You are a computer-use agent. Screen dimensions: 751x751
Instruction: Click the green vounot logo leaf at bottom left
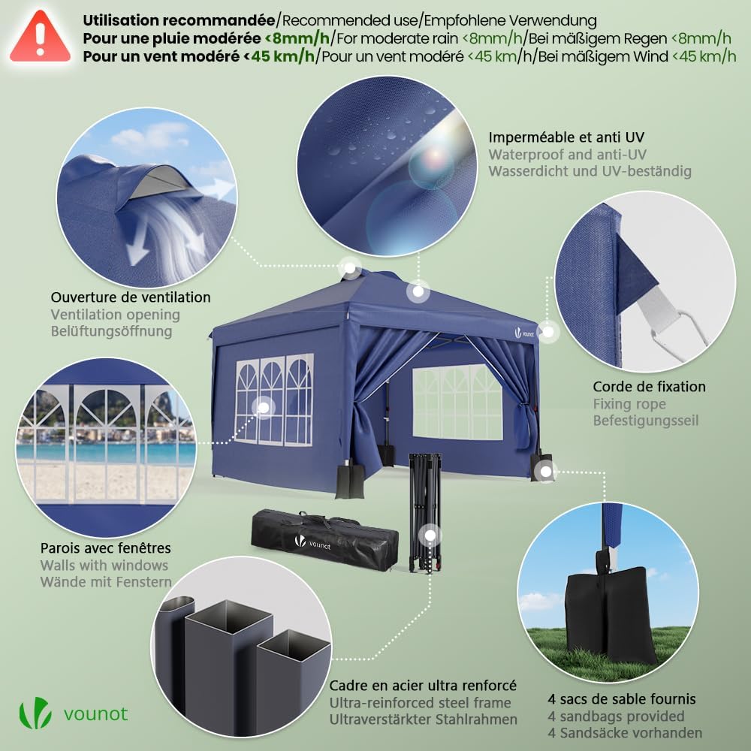click(x=35, y=713)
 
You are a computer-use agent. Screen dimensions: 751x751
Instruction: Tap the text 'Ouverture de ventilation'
click(x=131, y=298)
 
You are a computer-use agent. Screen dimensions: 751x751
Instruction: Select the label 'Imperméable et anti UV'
click(x=566, y=137)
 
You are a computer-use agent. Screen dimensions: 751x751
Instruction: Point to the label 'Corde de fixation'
click(x=649, y=387)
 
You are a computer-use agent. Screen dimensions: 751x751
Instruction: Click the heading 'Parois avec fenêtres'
click(x=105, y=548)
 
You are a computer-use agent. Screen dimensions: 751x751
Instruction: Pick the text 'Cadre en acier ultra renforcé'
click(x=423, y=686)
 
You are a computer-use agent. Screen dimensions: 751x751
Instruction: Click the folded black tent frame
click(x=422, y=511)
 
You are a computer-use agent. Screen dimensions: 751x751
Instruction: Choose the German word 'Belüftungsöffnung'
click(x=111, y=331)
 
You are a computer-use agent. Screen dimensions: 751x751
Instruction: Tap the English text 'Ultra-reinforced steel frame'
click(x=420, y=703)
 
